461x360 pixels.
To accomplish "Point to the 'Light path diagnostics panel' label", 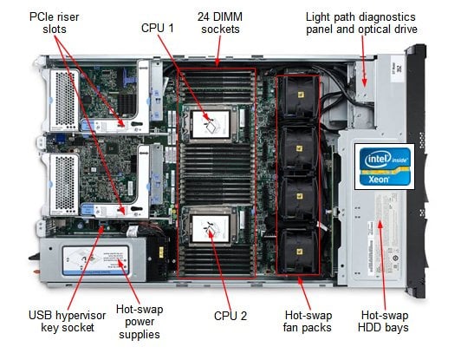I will (x=360, y=23).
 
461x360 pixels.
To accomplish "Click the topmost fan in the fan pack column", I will (x=300, y=95).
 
